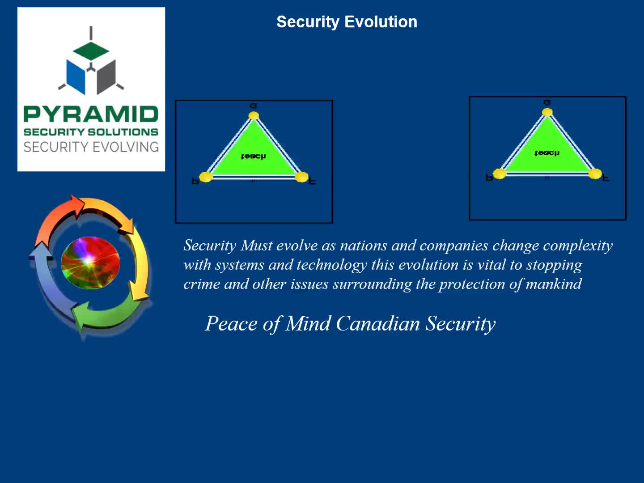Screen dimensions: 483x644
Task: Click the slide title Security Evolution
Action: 347,22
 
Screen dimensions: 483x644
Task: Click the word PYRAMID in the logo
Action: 91,114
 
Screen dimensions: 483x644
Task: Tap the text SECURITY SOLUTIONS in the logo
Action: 91,132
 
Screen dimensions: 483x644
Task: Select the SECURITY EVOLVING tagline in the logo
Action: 91,147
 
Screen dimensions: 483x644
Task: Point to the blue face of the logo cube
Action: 76,76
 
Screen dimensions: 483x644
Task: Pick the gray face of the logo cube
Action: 106,76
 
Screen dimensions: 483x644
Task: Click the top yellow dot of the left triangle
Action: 254,116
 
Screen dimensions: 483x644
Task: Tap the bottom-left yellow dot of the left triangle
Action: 206,177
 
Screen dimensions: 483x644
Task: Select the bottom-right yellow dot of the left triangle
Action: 302,177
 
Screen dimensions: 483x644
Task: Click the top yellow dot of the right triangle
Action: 547,112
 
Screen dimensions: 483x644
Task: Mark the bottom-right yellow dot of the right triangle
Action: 595,174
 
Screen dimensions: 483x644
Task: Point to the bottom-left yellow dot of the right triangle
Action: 500,174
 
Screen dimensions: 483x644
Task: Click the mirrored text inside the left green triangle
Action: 253,156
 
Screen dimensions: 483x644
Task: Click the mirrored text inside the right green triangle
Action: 547,153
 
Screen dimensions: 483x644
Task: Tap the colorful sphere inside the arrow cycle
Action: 90,263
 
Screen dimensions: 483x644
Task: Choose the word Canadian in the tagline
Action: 378,324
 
